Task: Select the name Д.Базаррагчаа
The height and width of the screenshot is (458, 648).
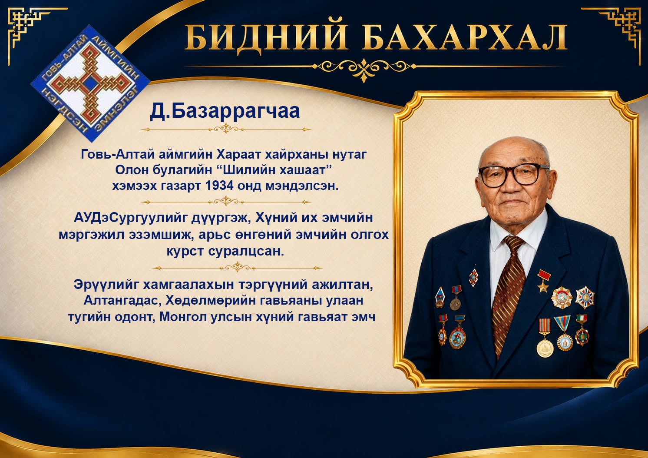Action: (x=225, y=111)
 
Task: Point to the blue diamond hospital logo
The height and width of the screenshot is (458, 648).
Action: (x=90, y=83)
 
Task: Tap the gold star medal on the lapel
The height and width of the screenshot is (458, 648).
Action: (x=543, y=281)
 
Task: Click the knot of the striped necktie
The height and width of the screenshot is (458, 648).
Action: (x=514, y=243)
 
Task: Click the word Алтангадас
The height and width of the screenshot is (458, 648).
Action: (x=122, y=301)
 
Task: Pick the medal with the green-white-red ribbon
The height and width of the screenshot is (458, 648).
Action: (x=582, y=330)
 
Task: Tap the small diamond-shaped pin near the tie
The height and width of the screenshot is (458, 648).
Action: (x=473, y=277)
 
